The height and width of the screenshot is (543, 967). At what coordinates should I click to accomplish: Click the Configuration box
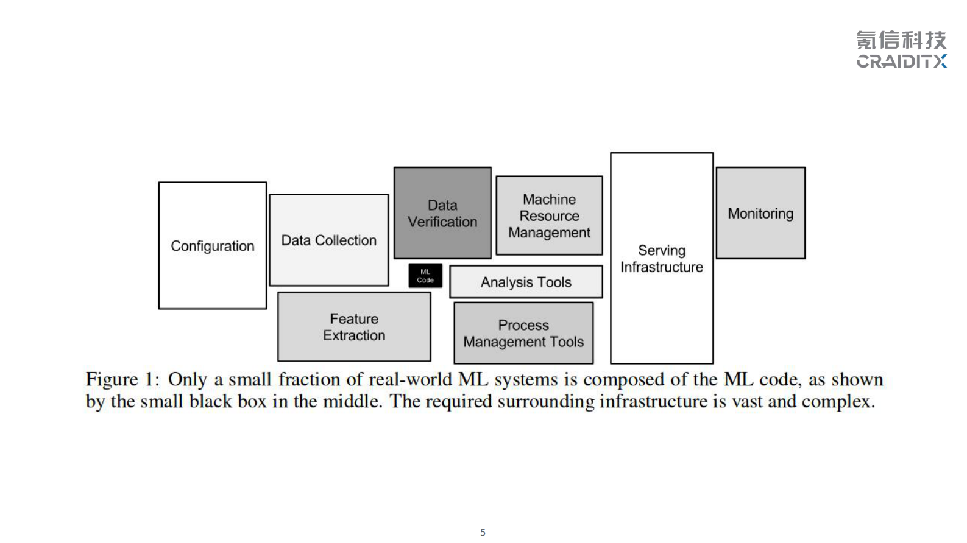pyautogui.click(x=212, y=245)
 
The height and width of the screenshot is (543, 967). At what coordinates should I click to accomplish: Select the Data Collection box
pyautogui.click(x=328, y=240)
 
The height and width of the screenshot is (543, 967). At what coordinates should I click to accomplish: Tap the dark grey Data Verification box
pyautogui.click(x=442, y=213)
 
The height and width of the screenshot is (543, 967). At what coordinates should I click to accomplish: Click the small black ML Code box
pyautogui.click(x=425, y=276)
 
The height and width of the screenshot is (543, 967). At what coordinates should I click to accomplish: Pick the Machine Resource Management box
pyautogui.click(x=549, y=215)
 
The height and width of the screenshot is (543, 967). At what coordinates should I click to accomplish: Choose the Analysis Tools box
pyautogui.click(x=526, y=282)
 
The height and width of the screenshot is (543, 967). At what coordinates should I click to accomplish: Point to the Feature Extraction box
pyautogui.click(x=354, y=327)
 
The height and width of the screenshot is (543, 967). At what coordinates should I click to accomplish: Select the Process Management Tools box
pyautogui.click(x=523, y=333)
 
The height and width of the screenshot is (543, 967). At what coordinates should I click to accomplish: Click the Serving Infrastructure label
pyautogui.click(x=662, y=259)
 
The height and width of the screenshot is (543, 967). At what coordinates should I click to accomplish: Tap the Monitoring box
pyautogui.click(x=760, y=213)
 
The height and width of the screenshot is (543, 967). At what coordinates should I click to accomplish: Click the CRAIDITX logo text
pyautogui.click(x=896, y=61)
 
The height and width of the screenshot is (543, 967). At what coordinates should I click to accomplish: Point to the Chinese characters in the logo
pyautogui.click(x=901, y=40)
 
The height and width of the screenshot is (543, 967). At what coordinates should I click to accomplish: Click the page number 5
pyautogui.click(x=483, y=533)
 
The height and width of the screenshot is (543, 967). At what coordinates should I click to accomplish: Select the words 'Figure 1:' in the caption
pyautogui.click(x=122, y=379)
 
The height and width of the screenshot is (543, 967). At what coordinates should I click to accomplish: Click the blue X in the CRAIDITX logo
pyautogui.click(x=940, y=61)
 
